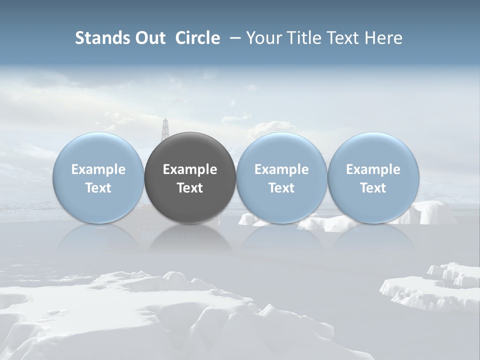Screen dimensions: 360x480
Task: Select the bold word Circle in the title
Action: pyautogui.click(x=197, y=38)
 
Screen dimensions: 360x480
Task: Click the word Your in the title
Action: pyautogui.click(x=263, y=38)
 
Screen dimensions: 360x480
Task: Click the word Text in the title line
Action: pyautogui.click(x=343, y=38)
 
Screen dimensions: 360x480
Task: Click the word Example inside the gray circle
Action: pyautogui.click(x=190, y=169)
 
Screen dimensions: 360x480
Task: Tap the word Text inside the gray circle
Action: pyautogui.click(x=190, y=188)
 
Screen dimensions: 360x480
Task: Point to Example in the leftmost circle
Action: pyautogui.click(x=98, y=169)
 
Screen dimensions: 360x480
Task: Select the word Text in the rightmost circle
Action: pyautogui.click(x=373, y=188)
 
